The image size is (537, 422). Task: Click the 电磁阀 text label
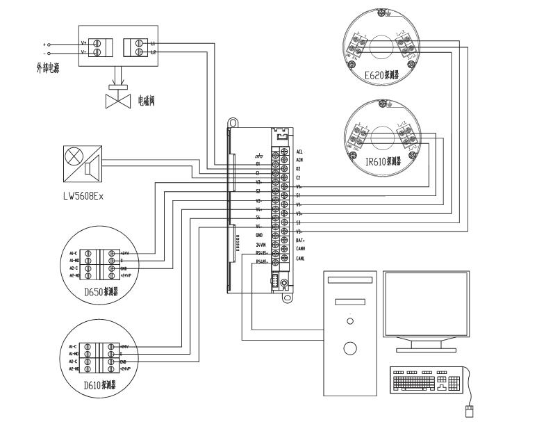point(146,101)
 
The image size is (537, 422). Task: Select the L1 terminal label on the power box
point(153,43)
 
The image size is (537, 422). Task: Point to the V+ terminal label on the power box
point(84,43)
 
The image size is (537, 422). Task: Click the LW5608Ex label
point(83,196)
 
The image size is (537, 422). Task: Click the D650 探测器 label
point(101,292)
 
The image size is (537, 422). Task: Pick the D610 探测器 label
point(100,384)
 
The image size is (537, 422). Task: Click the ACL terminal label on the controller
point(299,151)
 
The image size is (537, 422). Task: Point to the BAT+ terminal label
point(301,240)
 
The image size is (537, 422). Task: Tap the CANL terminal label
point(300,258)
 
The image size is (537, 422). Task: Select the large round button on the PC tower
point(350,348)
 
